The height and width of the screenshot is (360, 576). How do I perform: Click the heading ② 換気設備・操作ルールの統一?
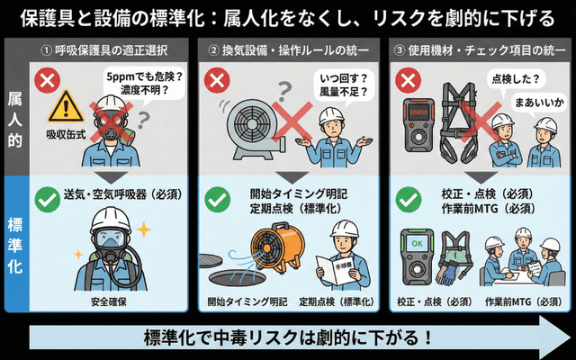[290, 48]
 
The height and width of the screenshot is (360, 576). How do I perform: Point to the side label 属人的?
[14, 117]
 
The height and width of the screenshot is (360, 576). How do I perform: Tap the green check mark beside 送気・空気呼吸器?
[43, 197]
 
